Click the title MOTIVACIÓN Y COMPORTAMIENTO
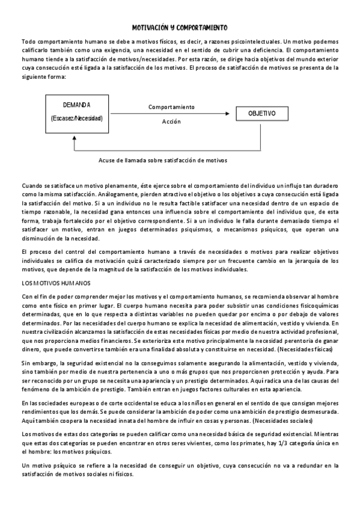click(179, 28)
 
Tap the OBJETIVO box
click(262, 113)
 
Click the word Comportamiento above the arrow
click(171, 106)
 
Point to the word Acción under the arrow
click(171, 121)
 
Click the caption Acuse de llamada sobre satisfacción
click(163, 161)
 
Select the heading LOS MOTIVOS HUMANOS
click(55, 283)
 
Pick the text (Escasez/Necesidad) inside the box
click(76, 118)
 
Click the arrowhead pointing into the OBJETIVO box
click(228, 113)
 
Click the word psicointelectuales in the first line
click(251, 41)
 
